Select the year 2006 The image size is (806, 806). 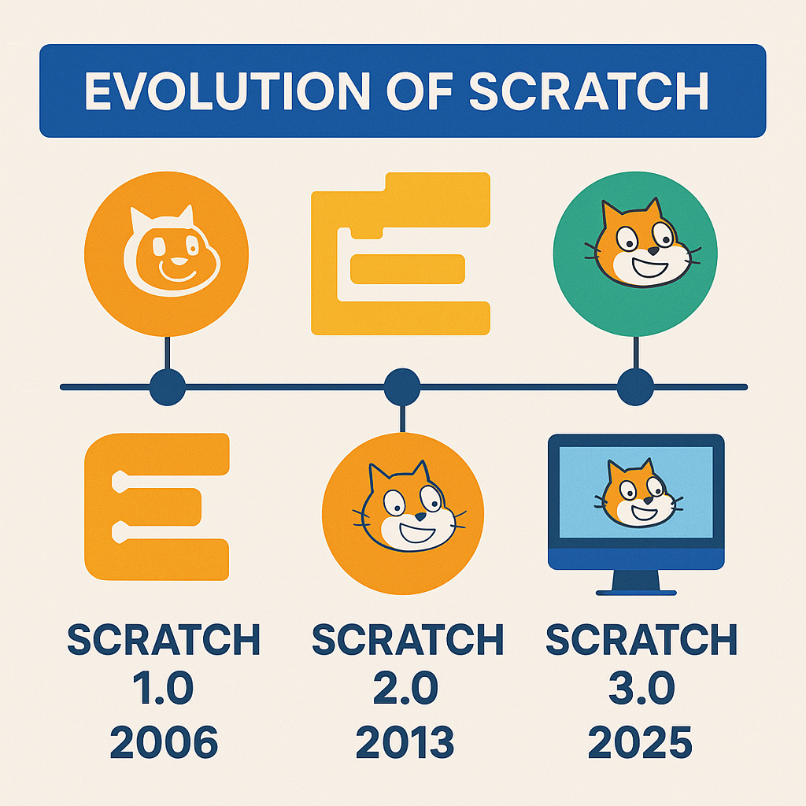point(164,741)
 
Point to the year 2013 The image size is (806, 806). point(405,741)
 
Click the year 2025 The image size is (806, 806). point(640,741)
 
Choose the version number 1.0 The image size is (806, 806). point(164,691)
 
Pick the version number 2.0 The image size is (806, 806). point(405,691)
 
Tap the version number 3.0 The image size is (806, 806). point(640,691)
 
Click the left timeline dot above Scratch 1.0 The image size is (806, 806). point(167,386)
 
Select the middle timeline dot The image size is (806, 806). point(402,386)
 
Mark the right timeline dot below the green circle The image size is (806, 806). point(635,386)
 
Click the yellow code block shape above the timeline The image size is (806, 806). point(401,252)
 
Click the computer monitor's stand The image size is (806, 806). point(636,582)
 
